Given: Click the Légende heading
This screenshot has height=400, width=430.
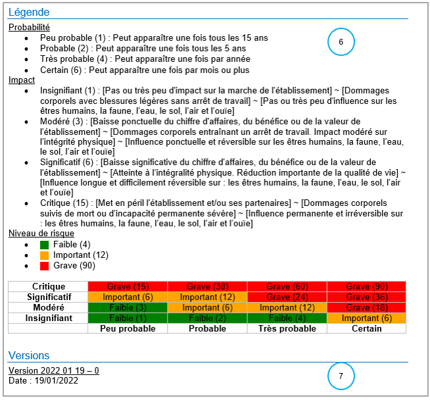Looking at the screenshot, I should coord(29,12).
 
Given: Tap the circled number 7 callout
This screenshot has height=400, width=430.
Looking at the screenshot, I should coord(341,376).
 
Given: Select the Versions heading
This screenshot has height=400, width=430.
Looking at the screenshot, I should coord(29,356).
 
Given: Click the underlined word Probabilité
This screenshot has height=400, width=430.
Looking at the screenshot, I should coord(29,28).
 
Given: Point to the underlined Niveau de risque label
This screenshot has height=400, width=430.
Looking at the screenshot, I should coord(41,234).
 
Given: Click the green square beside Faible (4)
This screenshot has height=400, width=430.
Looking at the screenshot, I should coord(45,245).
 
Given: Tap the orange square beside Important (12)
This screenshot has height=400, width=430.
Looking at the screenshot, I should coord(45,255).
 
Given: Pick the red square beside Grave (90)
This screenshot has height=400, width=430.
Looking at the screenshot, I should coord(45,266).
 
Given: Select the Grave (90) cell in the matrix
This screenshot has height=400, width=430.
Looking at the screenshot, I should coord(366,287).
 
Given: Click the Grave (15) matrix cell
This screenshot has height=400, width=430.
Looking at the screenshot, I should coord(128,287).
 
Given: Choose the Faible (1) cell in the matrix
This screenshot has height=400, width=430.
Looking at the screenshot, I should coord(128,318).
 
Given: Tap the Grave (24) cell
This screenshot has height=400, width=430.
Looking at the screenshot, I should coord(287,297).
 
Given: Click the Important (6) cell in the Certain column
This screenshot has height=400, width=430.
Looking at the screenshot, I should coord(366,318).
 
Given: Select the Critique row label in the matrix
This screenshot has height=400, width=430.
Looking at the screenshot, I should coord(48,287).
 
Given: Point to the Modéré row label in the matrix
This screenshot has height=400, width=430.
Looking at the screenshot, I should coord(48,308).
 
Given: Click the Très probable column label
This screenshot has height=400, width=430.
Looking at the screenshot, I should coord(287,329).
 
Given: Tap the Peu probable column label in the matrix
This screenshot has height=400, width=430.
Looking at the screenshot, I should coord(128,329).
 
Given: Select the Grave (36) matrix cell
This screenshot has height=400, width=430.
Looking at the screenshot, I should coord(366,297).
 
